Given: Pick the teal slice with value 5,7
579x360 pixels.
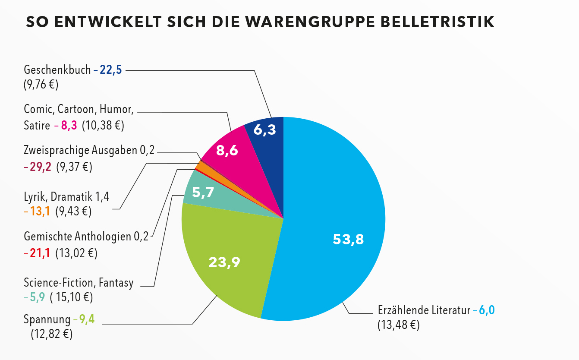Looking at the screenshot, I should tap(203, 192).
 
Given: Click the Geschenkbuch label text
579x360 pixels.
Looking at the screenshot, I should tap(57, 69).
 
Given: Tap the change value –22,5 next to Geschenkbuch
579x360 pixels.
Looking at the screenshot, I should tap(108, 69).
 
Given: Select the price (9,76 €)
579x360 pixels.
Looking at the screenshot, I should tap(41, 84).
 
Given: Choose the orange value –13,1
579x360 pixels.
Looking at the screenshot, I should tap(38, 212).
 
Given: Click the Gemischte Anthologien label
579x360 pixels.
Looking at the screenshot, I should tap(78, 237).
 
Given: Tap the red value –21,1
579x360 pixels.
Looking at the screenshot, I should tap(38, 253).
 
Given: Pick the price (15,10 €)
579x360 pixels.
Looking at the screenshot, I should tap(72, 297).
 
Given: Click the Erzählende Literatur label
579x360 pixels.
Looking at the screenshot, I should tap(424, 310).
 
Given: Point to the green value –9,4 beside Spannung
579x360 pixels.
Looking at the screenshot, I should tap(85, 320).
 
